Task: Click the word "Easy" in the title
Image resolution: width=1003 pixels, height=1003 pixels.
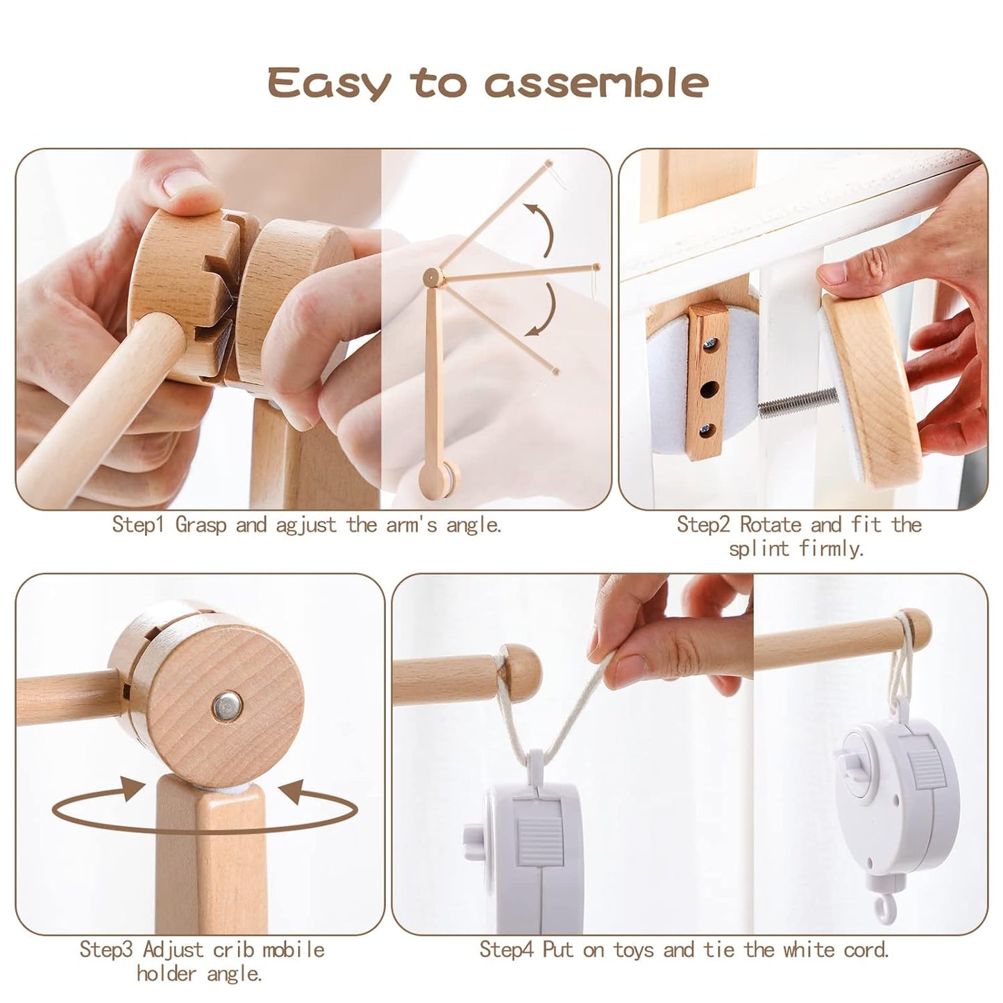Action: (x=329, y=83)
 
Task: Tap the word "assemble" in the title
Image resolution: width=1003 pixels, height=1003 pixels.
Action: (x=596, y=83)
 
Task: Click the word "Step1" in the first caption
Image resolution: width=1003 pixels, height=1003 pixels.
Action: (x=139, y=524)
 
